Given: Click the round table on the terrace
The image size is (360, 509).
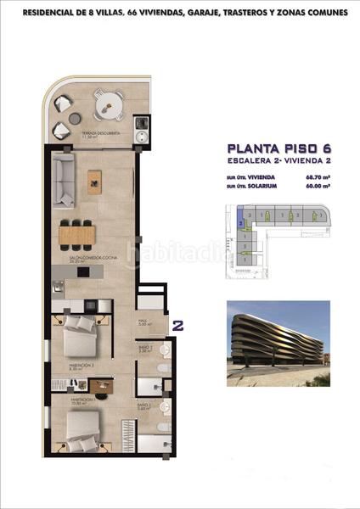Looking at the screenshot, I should click(108, 106).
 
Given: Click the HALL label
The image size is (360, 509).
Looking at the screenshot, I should click(143, 322).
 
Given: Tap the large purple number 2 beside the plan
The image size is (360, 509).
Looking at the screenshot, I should click(179, 324).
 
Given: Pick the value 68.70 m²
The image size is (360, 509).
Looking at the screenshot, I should click(317, 177).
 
